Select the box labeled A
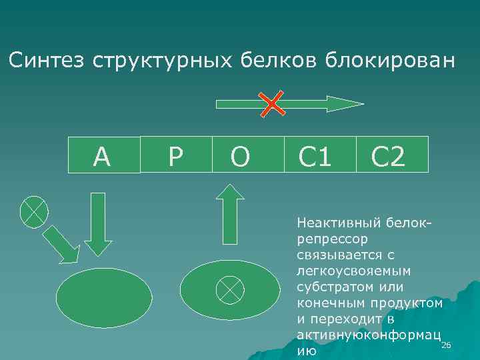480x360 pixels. (x=104, y=155)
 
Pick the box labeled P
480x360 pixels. (x=175, y=155)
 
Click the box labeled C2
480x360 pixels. (x=389, y=155)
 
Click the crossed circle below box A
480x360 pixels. (x=34, y=211)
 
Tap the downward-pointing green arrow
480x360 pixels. (x=99, y=223)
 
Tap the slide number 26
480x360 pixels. (x=447, y=345)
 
